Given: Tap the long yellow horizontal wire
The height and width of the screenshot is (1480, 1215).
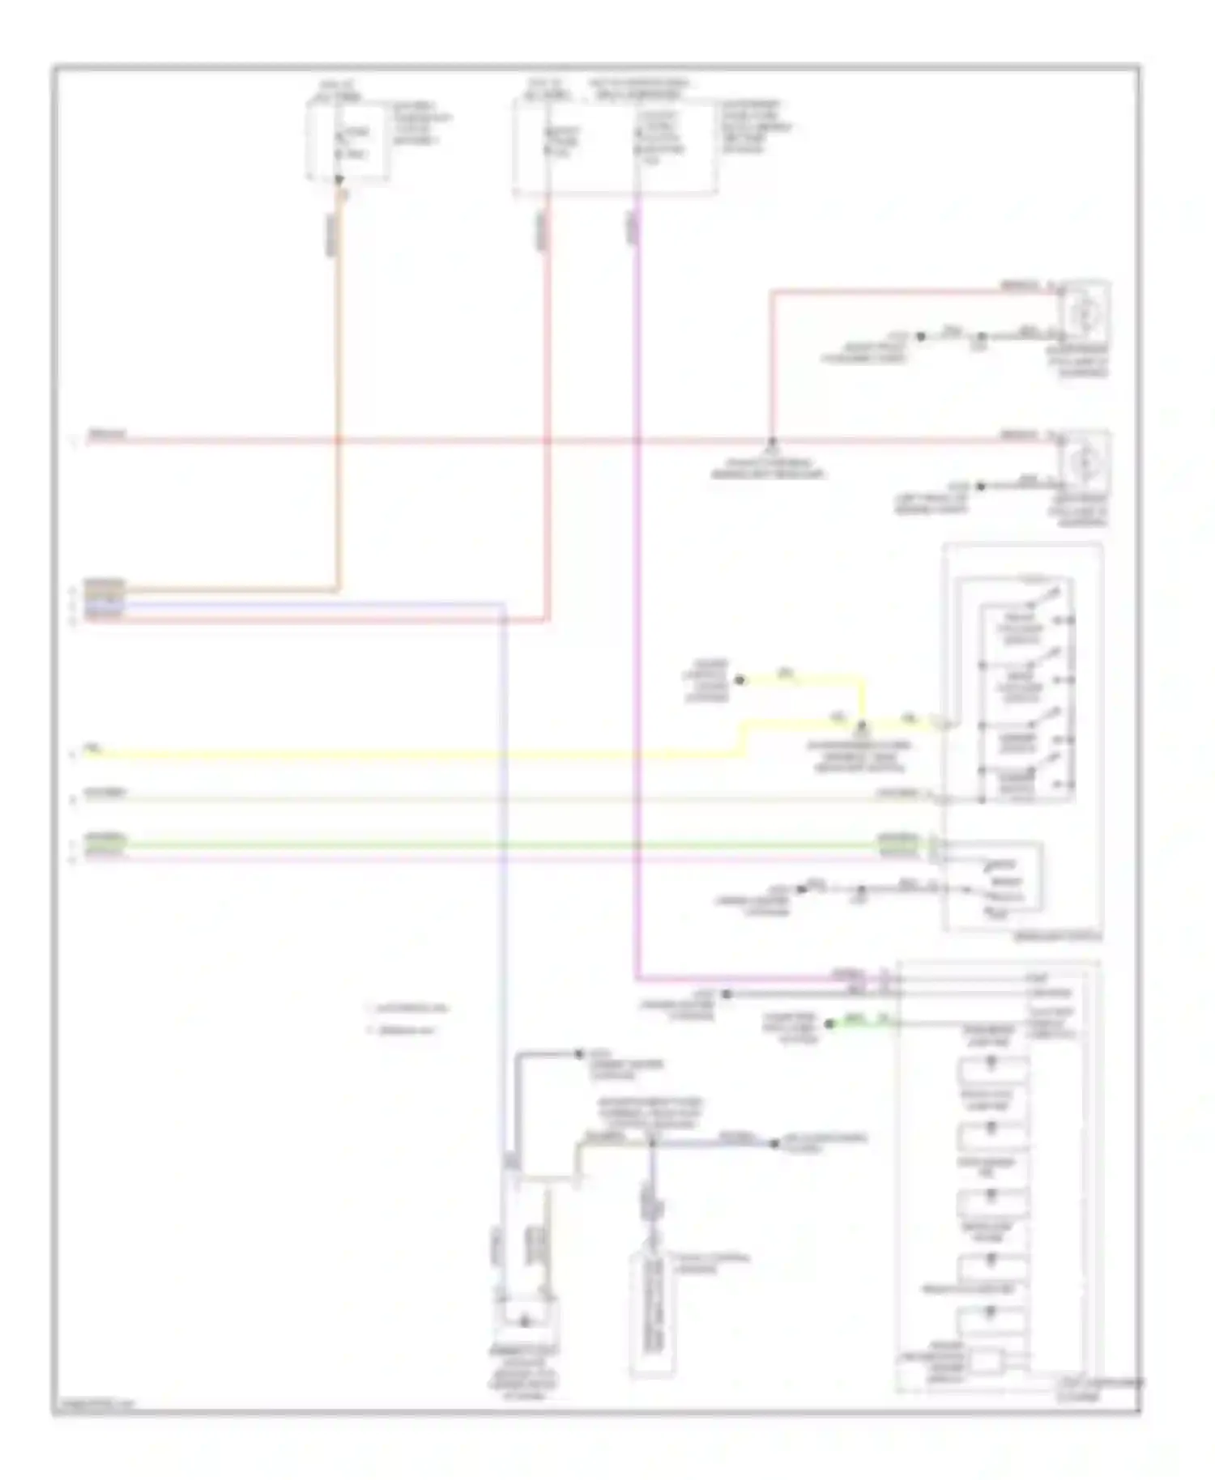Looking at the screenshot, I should tap(405, 755).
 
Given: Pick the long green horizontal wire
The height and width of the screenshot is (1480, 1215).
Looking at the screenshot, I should tap(486, 846).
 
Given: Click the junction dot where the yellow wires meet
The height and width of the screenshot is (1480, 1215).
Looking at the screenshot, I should tap(862, 722).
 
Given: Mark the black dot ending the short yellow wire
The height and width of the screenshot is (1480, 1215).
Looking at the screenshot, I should tap(739, 680).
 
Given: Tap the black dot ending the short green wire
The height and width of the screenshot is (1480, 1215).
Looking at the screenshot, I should tap(829, 1023).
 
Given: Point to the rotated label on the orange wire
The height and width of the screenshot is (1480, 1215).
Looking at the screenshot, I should tap(331, 236).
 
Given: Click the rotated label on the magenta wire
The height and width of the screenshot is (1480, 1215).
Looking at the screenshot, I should tap(631, 230).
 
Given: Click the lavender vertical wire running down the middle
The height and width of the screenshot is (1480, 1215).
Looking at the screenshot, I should tap(505, 891).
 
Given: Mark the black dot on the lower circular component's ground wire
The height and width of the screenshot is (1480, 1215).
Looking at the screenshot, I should tap(980, 487).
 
